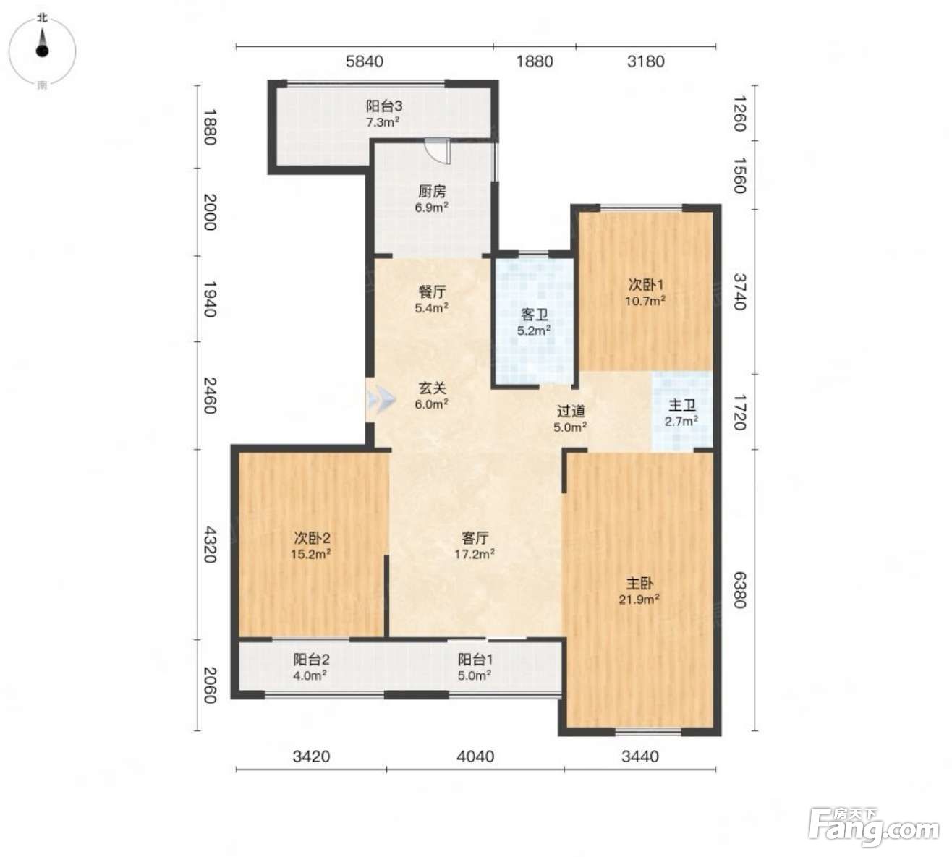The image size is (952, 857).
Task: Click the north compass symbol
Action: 42,50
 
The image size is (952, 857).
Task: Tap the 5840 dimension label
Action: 365,61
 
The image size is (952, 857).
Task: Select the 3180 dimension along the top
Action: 645,61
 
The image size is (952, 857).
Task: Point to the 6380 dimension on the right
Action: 740,590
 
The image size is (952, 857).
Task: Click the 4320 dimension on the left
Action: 210,545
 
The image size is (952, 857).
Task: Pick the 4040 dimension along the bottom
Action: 475,756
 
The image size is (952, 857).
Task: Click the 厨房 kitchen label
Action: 432,192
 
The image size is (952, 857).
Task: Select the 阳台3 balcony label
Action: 384,106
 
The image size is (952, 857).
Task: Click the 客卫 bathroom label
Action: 535,315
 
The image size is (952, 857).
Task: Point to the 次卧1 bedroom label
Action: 646,285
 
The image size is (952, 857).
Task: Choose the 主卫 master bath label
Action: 682,405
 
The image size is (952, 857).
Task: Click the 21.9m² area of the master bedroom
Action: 639,600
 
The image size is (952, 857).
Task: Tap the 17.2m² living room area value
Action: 475,554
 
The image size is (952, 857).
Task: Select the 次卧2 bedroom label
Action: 311,538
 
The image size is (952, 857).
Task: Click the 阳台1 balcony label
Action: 475,660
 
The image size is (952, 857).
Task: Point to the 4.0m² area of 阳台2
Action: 310,675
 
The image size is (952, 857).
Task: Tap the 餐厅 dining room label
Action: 432,292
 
